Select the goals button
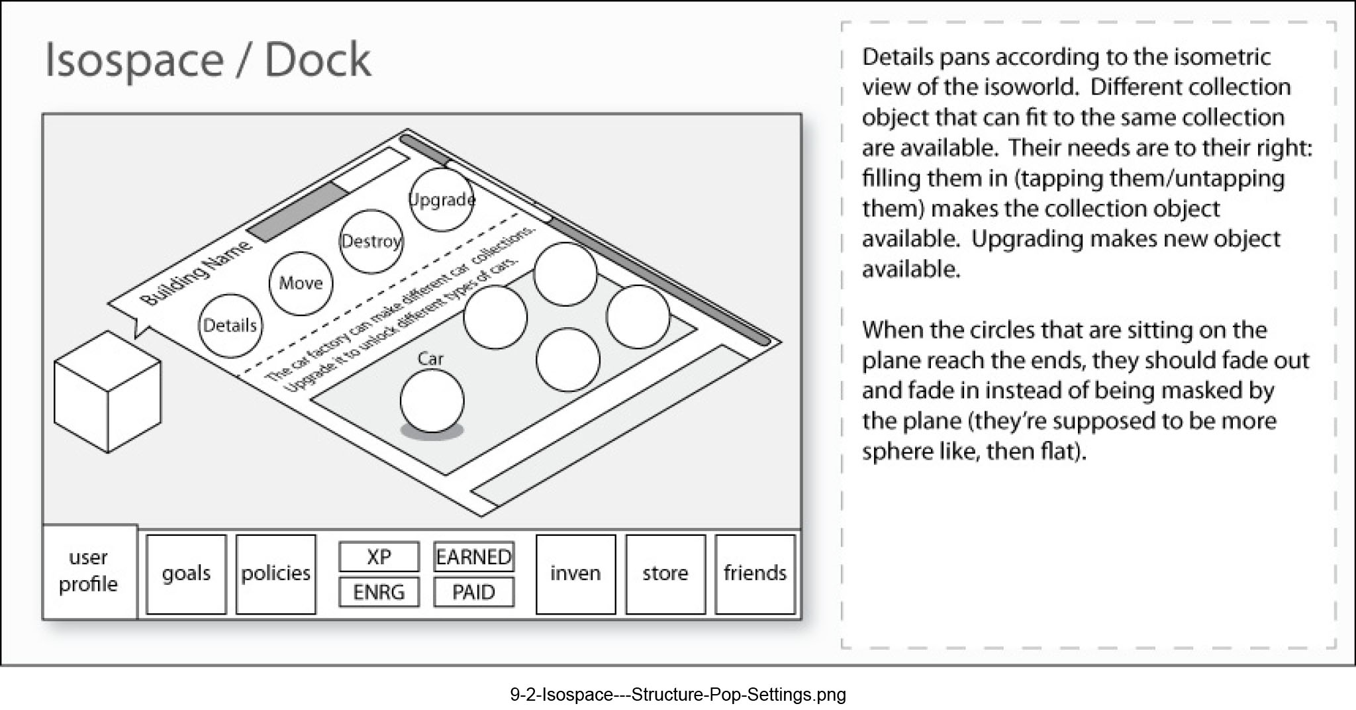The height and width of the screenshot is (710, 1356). (x=186, y=574)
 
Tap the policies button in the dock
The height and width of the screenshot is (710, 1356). (x=275, y=574)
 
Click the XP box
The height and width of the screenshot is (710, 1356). (x=379, y=556)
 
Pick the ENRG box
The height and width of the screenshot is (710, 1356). (x=379, y=592)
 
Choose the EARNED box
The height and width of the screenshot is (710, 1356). (x=474, y=556)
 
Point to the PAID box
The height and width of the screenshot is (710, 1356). (x=474, y=592)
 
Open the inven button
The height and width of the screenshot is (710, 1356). (x=575, y=574)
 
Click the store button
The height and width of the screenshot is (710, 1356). (x=665, y=574)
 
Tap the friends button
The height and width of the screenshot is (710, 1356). (x=755, y=574)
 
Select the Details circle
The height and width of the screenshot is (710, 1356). (x=230, y=326)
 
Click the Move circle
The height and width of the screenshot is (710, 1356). (x=301, y=283)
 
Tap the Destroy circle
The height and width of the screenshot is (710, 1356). (x=371, y=242)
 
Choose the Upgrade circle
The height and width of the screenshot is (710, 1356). (x=442, y=199)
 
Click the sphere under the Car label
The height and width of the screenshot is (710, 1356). (x=432, y=401)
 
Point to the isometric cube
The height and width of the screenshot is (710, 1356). (x=107, y=392)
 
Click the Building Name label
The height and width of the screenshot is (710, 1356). (x=197, y=273)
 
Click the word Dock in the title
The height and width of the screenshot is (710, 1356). (x=318, y=60)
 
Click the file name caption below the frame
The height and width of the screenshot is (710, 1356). (x=678, y=694)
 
